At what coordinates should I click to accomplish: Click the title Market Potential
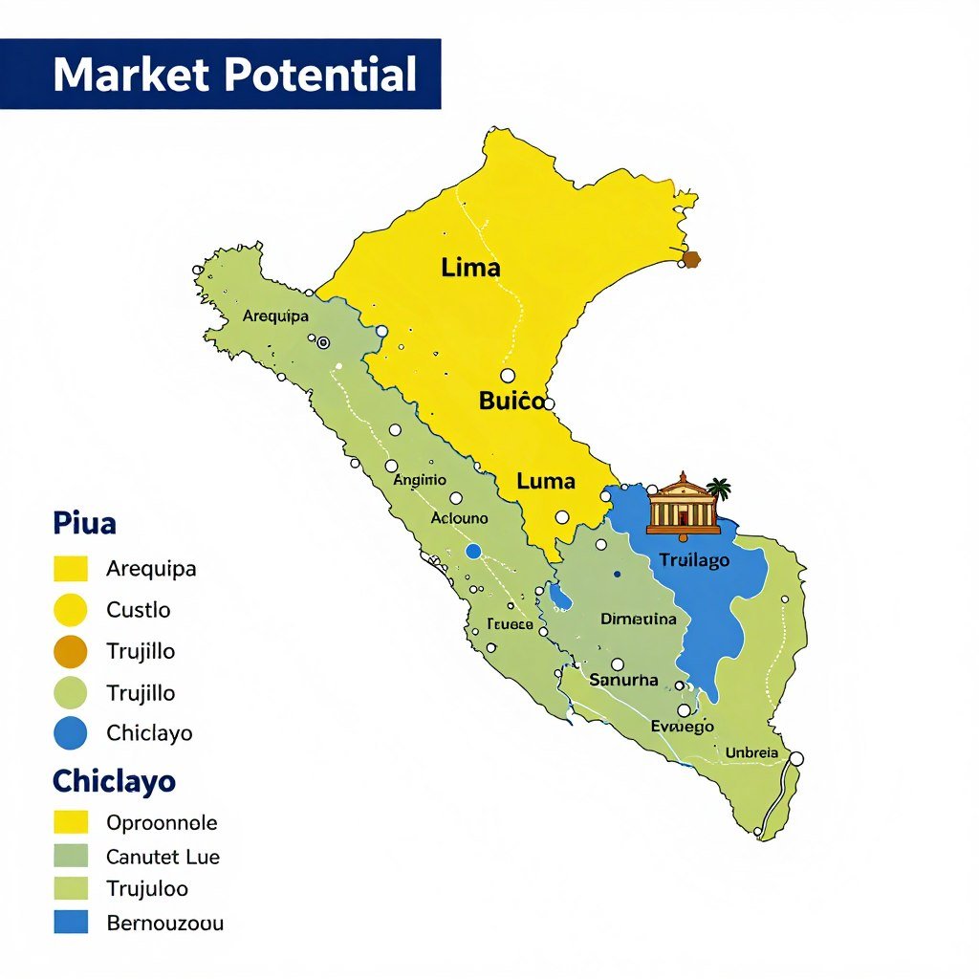coord(234,75)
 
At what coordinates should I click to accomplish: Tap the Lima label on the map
coord(470,268)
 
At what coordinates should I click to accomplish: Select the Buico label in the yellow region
coord(511,402)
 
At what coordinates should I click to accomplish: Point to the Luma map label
coord(545,482)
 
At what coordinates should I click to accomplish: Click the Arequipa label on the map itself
coord(275,316)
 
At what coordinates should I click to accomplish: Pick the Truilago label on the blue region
coord(694,560)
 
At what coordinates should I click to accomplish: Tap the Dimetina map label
coord(638,620)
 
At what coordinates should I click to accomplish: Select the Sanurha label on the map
coord(623,680)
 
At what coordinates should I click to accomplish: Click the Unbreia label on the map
coord(751,752)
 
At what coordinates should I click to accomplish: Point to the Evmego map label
coord(682,727)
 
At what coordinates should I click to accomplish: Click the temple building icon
coord(682,504)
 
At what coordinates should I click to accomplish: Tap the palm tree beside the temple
coord(719,489)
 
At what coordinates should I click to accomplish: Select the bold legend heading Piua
coord(85,524)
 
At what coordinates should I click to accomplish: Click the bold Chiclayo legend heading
coord(114,781)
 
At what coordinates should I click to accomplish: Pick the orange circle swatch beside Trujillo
coord(71,652)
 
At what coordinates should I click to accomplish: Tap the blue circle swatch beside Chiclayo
coord(71,733)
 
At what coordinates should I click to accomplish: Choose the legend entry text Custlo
coord(139,610)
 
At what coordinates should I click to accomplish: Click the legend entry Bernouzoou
coord(164,924)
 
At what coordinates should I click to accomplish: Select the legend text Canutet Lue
coord(163,857)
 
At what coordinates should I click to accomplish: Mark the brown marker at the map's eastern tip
coord(690,259)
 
